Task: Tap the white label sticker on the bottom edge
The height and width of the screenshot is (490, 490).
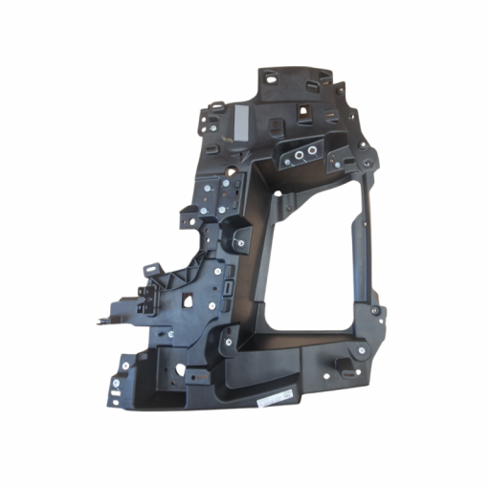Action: click(279, 395)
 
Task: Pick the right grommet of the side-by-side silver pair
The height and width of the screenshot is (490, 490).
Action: click(312, 153)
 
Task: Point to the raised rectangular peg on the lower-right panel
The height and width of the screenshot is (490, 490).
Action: click(342, 365)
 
